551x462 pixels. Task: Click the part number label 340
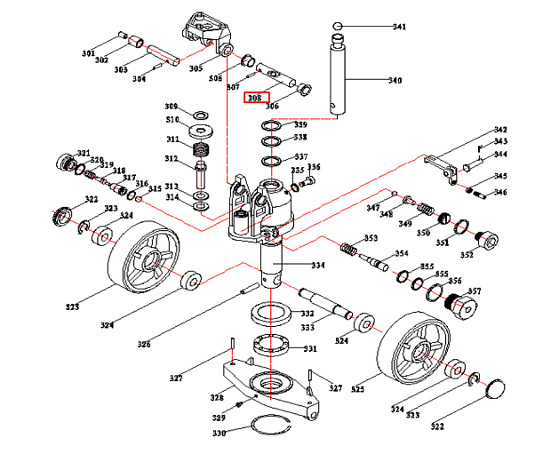[395, 81]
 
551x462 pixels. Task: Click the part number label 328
[217, 397]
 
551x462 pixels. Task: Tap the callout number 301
[88, 54]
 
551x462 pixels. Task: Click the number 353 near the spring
[371, 238]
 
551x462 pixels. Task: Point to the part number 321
[84, 153]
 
